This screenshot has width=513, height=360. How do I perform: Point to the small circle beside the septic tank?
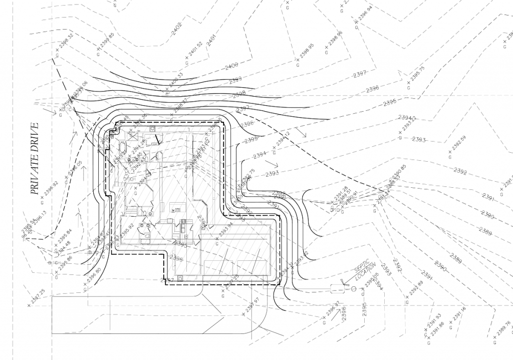354,289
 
